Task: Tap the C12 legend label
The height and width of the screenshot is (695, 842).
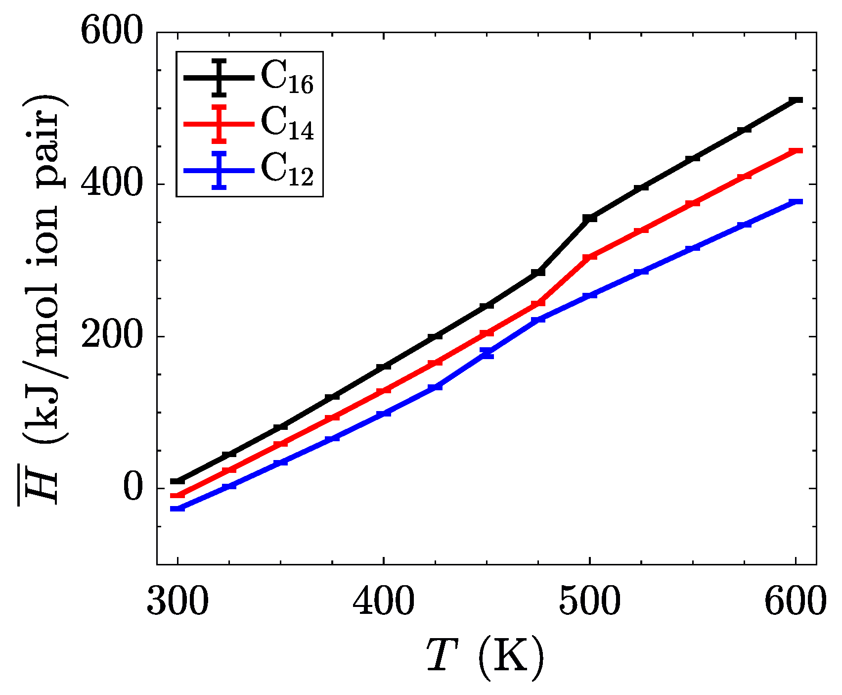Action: click(x=287, y=170)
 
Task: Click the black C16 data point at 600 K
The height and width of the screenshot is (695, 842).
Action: click(x=796, y=100)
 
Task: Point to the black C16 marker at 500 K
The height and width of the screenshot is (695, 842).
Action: click(x=589, y=218)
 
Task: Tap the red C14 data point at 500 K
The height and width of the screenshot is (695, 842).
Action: click(x=589, y=257)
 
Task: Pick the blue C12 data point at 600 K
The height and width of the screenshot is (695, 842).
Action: click(x=796, y=202)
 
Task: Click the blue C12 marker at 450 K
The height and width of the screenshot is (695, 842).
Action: click(x=487, y=353)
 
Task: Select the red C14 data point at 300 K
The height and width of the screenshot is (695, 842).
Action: click(x=177, y=496)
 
